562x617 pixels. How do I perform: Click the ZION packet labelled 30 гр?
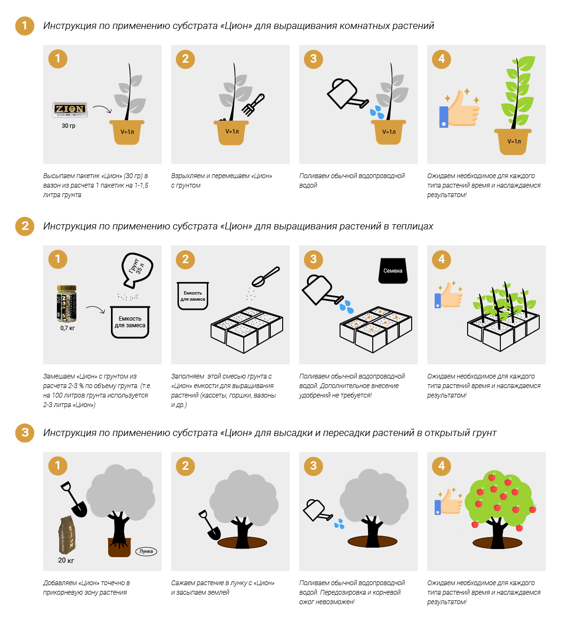69,110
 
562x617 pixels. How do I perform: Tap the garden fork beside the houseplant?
253,105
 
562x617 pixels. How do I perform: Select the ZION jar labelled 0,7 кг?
67,303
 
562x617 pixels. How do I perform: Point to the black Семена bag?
393,270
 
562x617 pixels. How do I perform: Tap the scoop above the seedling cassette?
265,276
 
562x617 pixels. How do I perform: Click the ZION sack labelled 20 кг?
67,535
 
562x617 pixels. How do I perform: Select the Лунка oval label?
146,551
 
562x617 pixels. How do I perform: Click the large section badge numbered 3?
25,433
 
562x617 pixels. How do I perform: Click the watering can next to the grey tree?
318,510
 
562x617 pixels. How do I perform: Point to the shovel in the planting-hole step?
210,525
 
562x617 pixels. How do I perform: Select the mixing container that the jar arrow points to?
130,322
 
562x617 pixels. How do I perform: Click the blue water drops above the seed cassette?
347,307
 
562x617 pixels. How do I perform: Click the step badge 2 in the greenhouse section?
185,259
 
